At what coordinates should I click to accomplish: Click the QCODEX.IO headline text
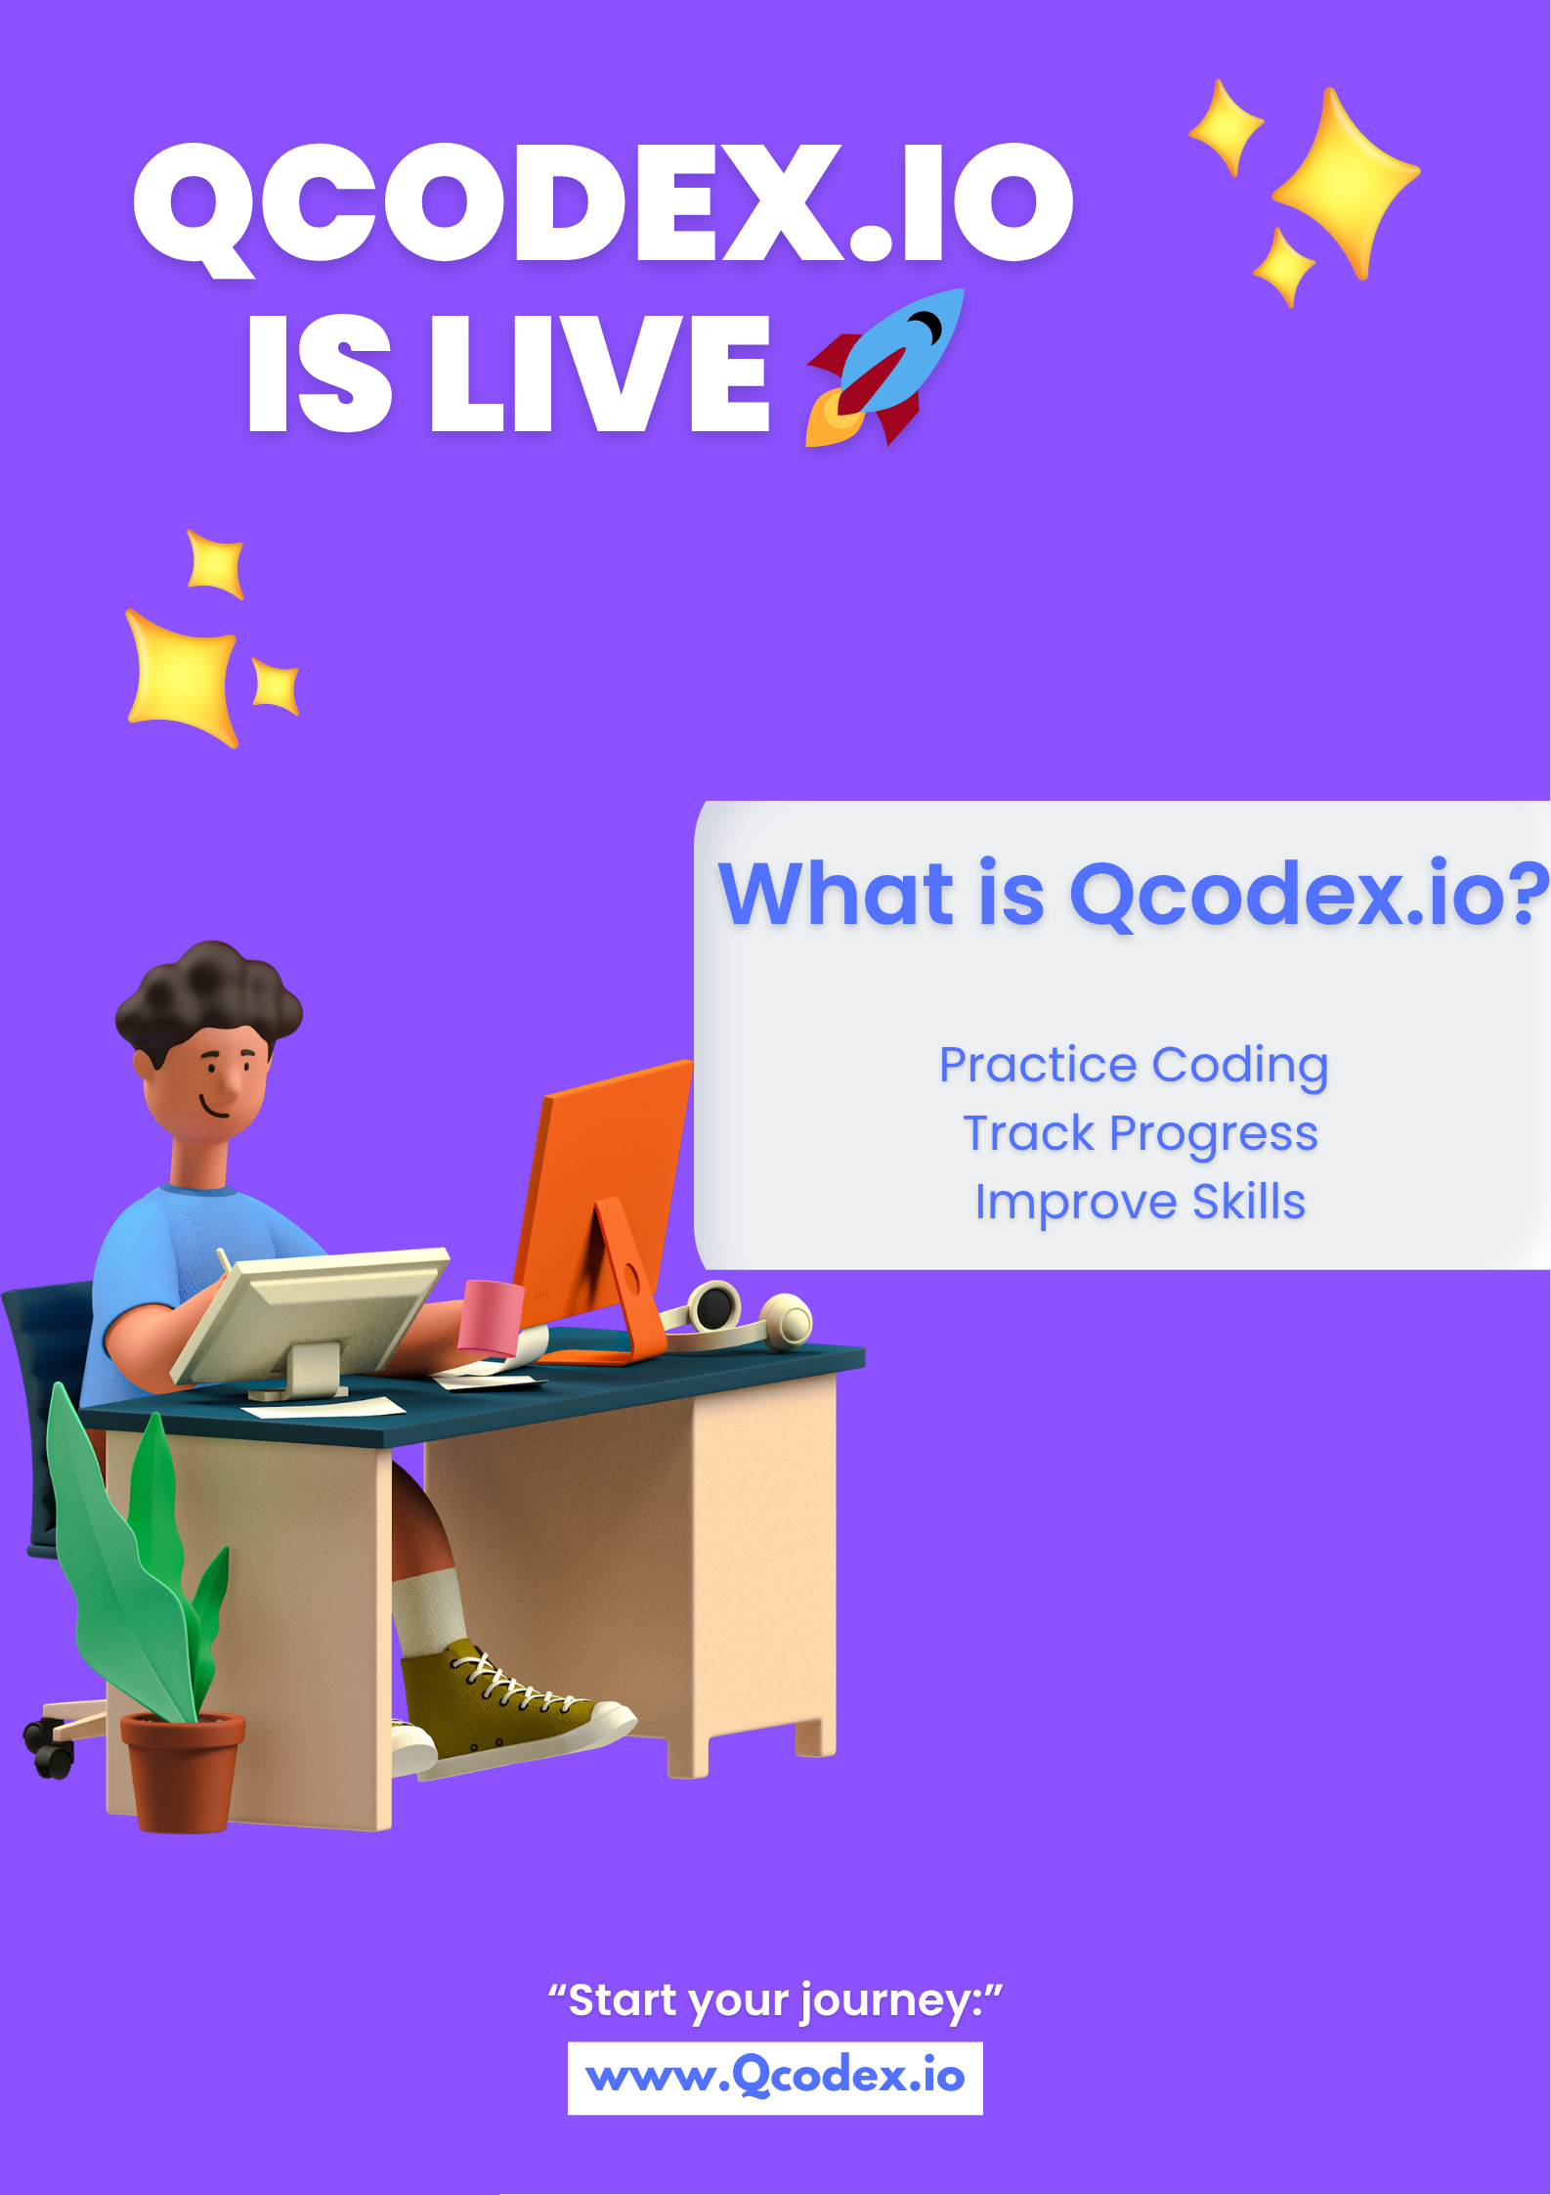[603, 203]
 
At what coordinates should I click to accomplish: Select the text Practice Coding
[1134, 1065]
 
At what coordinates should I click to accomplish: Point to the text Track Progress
[1141, 1134]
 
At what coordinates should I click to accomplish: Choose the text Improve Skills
[1141, 1202]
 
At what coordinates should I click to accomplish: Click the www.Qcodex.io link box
[775, 2077]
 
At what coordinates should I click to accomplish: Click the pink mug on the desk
[492, 1316]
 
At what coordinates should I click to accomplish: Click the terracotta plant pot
[182, 1770]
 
